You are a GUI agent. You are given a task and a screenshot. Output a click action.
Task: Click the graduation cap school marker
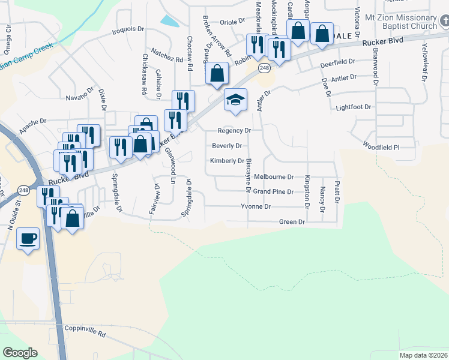[236, 101]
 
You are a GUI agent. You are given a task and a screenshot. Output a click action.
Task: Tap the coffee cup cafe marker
[28, 239]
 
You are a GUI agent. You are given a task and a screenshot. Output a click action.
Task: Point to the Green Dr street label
[292, 222]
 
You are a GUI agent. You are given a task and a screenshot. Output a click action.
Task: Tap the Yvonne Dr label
[256, 206]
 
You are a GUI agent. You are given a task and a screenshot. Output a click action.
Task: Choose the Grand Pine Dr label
[273, 192]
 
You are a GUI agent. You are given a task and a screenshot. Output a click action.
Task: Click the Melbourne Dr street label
[274, 177]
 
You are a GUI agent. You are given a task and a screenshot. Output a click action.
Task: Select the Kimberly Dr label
[227, 161]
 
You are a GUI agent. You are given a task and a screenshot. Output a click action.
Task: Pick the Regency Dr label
[234, 130]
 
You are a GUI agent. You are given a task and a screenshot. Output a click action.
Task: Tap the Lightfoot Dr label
[354, 107]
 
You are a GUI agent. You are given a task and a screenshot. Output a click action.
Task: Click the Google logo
[20, 353]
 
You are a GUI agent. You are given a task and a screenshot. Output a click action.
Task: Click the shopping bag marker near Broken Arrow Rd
[218, 74]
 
